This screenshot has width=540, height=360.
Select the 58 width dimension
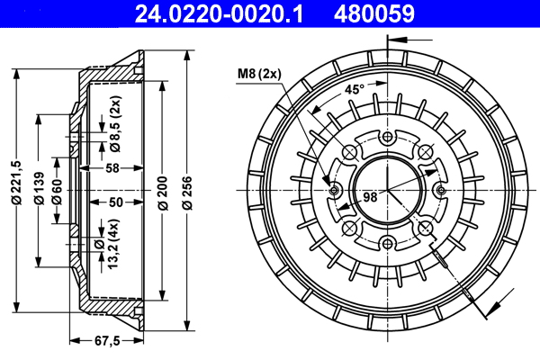click(x=112, y=168)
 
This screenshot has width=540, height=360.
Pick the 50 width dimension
click(x=115, y=202)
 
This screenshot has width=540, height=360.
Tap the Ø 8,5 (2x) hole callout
click(x=115, y=129)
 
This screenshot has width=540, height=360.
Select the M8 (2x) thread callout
click(x=259, y=74)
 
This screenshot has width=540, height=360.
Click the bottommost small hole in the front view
click(x=388, y=241)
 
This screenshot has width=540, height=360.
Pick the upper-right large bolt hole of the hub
click(x=425, y=151)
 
